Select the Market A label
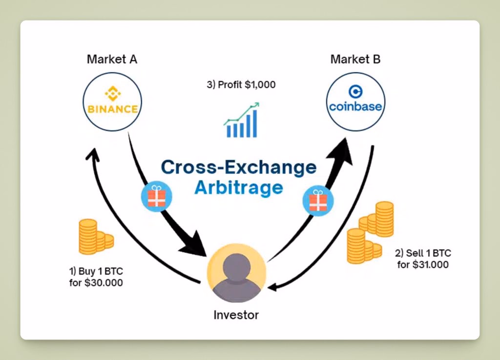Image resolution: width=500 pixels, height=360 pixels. pos(112,60)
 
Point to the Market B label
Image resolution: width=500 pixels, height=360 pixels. pos(355,60)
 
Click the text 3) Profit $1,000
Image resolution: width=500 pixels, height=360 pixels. pos(241,84)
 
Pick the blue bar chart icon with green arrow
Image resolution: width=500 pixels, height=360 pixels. pos(242,120)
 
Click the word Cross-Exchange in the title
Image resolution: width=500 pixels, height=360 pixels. pos(238,167)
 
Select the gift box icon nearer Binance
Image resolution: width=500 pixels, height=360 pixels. pos(156,197)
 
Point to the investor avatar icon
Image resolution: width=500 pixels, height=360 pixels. pos(236,274)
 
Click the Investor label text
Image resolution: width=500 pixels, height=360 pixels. pos(236,315)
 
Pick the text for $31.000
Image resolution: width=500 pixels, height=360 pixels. pos(423,264)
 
